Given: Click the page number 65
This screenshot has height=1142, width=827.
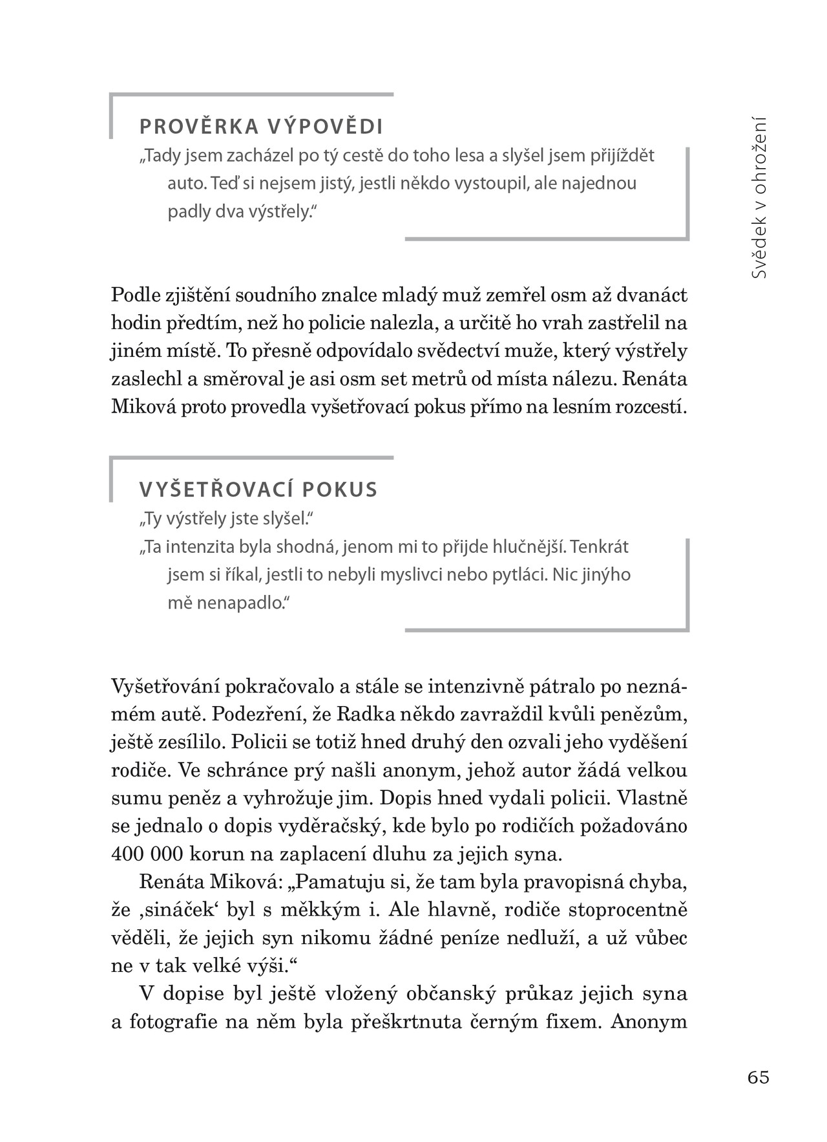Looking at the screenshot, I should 758,1077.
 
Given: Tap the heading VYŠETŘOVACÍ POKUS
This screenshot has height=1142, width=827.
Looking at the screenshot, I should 258,490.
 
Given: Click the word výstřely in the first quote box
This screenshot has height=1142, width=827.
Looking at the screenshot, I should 277,211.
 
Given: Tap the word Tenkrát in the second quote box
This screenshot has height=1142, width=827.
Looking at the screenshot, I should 600,547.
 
